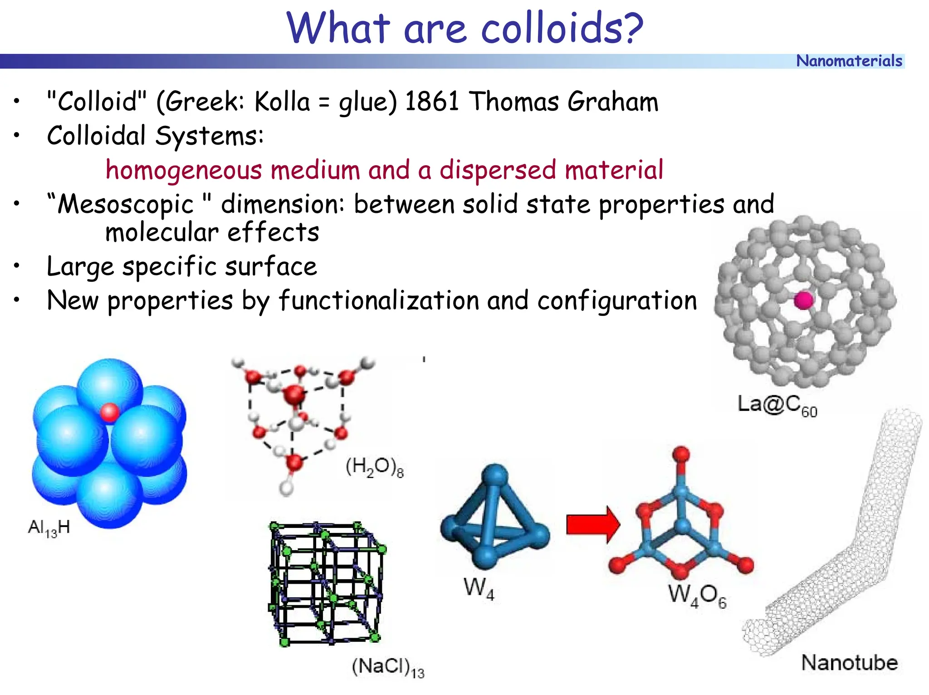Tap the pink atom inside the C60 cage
pyautogui.click(x=803, y=300)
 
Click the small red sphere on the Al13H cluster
pyautogui.click(x=109, y=412)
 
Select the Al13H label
pyautogui.click(x=49, y=528)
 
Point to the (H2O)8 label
pyautogui.click(x=374, y=467)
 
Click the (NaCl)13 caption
pyautogui.click(x=388, y=667)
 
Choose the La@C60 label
pyautogui.click(x=777, y=404)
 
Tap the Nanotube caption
pyautogui.click(x=849, y=663)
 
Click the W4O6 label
pyautogui.click(x=697, y=595)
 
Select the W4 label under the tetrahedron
pyautogui.click(x=479, y=588)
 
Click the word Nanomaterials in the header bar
pyautogui.click(x=849, y=61)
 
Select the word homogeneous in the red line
pyautogui.click(x=184, y=170)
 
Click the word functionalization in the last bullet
pyautogui.click(x=379, y=301)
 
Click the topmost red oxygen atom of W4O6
pyautogui.click(x=681, y=454)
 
